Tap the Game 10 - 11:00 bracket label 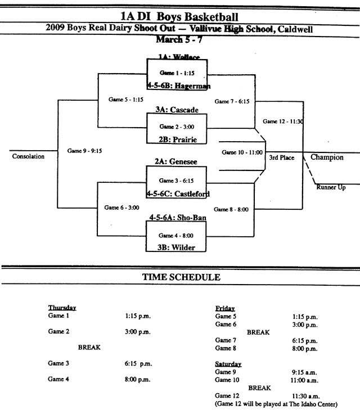(242, 152)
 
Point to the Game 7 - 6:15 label (232, 101)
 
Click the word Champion (327, 157)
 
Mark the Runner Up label (331, 187)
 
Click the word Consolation (28, 156)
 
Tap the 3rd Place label (282, 157)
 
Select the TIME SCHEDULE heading (181, 277)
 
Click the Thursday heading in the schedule (62, 308)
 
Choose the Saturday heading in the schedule (228, 364)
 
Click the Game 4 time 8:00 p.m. (138, 379)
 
